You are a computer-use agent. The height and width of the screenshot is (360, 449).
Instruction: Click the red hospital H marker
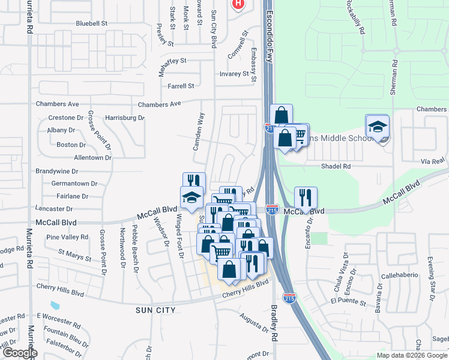238,4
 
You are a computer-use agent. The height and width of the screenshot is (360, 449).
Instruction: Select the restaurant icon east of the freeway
306,197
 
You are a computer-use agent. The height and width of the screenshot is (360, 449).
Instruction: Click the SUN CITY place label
155,310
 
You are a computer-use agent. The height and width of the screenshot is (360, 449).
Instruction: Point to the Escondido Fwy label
270,36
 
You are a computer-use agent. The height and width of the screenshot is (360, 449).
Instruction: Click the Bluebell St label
91,23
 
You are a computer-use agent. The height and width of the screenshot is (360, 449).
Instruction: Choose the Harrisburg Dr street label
125,118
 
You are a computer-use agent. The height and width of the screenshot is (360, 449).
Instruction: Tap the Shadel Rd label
336,166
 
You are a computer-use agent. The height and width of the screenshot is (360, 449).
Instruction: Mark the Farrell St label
181,86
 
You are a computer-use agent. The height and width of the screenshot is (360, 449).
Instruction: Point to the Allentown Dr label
92,158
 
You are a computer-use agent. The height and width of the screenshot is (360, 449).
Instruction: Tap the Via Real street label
432,162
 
